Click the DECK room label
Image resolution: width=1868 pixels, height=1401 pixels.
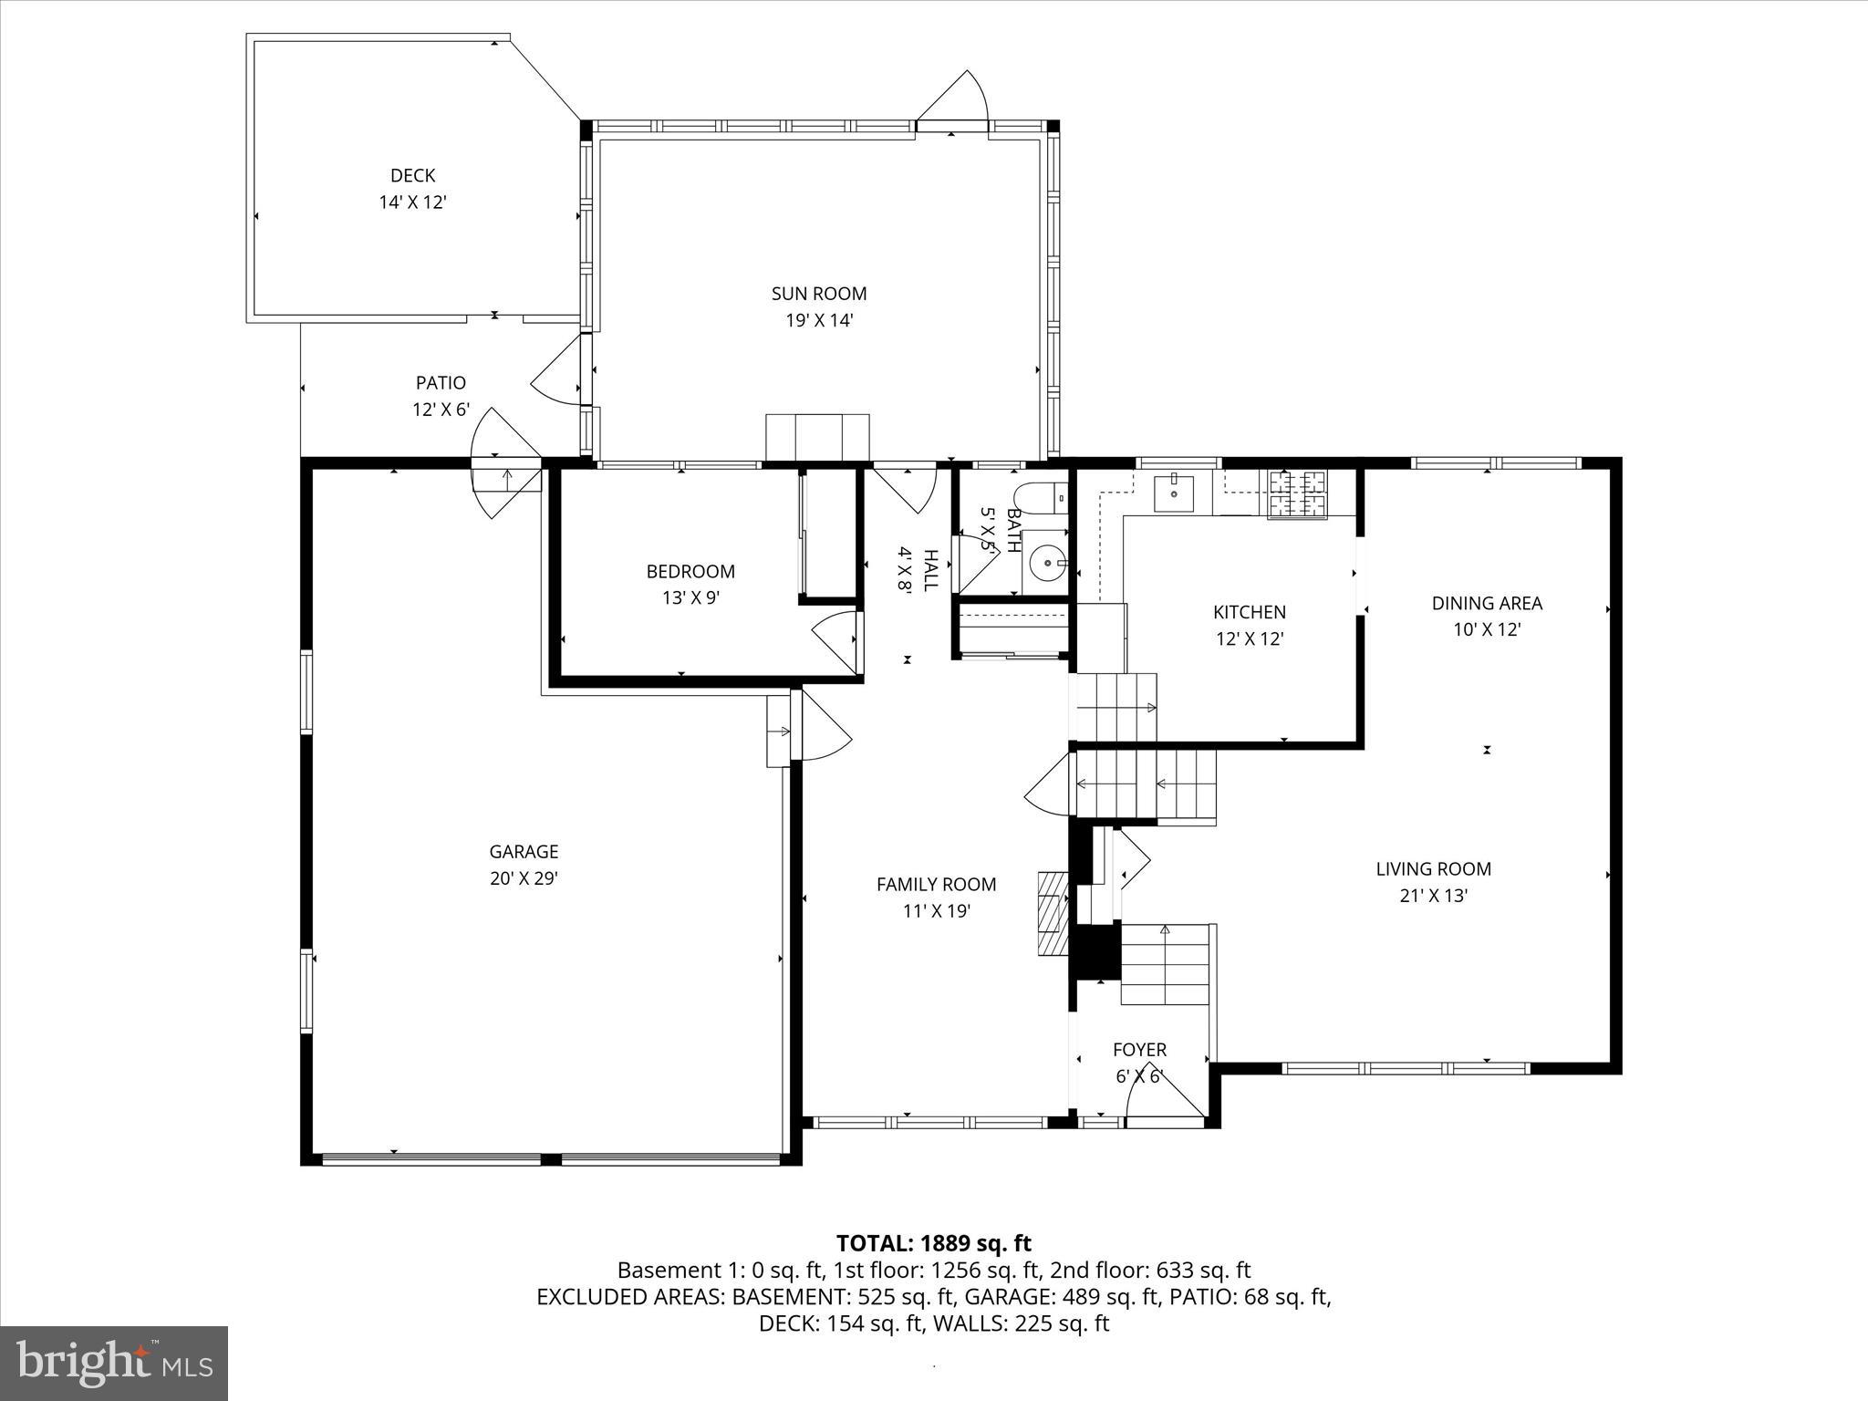(x=412, y=175)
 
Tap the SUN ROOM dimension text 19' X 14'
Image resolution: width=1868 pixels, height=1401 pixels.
(x=819, y=321)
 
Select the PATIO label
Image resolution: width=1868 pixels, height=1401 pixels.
(x=441, y=383)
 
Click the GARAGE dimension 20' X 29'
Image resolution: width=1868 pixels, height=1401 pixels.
(x=524, y=879)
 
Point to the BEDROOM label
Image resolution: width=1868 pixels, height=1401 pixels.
(x=690, y=572)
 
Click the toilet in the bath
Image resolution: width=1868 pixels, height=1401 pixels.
(x=1040, y=498)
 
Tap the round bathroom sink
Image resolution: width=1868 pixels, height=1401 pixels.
(x=1046, y=563)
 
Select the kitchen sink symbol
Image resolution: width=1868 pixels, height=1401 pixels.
(x=1174, y=493)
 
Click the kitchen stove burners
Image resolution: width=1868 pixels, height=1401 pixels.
(x=1297, y=493)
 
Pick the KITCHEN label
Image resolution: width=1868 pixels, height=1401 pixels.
(x=1249, y=613)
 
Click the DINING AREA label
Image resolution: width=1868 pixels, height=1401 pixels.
(x=1487, y=604)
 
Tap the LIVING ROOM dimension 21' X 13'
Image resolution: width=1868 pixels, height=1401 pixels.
(x=1433, y=897)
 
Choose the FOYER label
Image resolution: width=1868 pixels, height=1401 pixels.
(x=1139, y=1050)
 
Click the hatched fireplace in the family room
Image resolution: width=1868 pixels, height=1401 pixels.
(x=1053, y=912)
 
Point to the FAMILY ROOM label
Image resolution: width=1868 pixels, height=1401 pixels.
(x=936, y=884)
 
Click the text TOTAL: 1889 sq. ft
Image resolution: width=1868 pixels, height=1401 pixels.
(x=933, y=1243)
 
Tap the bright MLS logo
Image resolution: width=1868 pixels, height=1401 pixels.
(x=114, y=1363)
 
